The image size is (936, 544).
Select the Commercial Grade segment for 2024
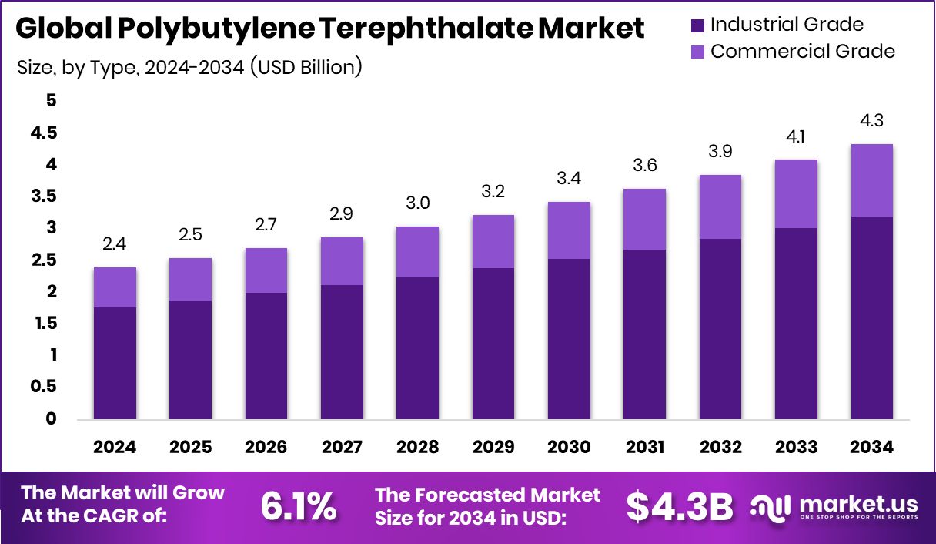coord(115,287)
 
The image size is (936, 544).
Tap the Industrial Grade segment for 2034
coord(871,317)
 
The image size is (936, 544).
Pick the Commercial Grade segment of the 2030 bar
coord(569,230)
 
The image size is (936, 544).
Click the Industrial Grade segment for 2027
coord(342,352)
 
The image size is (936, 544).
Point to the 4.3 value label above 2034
coord(871,121)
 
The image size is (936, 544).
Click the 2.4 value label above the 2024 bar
coord(115,244)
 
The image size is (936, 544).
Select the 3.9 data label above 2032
coord(720,152)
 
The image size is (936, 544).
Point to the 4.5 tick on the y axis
coord(43,133)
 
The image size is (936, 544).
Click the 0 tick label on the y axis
coord(51,419)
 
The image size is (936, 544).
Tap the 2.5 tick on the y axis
coord(43,260)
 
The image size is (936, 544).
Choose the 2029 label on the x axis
coord(493,448)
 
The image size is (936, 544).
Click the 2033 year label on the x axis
coord(796,448)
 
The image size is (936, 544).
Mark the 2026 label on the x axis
coord(266,448)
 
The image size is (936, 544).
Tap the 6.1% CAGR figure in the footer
coord(298,505)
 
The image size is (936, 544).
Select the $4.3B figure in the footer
coord(679,505)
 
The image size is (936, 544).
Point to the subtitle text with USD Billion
coord(189,67)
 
